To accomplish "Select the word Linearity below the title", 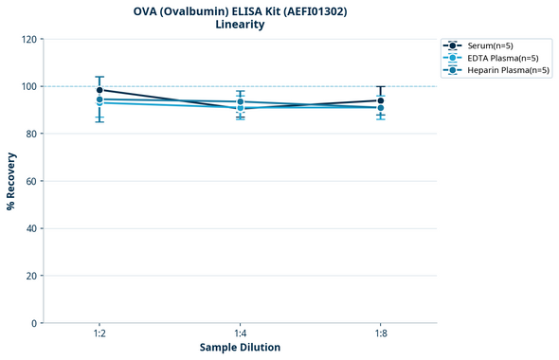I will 240,25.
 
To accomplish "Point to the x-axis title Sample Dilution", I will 240,348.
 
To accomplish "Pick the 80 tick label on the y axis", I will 30,134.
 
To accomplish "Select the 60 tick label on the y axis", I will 30,181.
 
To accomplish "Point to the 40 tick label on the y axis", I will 30,228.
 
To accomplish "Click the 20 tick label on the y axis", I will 30,276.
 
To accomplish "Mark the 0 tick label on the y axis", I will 33,323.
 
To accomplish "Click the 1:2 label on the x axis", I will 99,333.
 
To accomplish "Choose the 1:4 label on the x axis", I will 240,333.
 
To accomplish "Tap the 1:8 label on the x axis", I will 380,333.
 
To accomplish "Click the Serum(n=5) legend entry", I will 491,45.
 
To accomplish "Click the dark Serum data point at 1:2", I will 99,90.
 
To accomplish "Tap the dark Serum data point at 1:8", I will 380,100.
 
